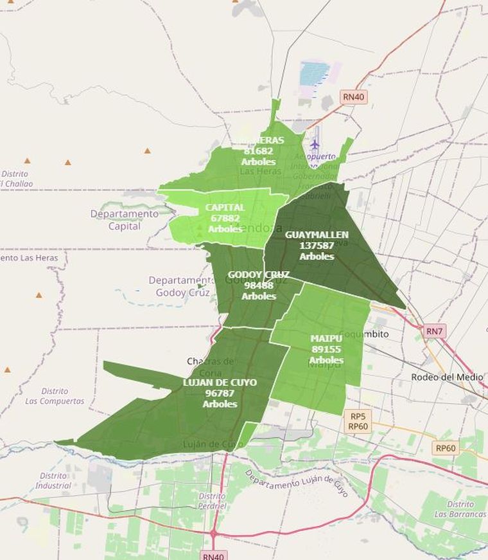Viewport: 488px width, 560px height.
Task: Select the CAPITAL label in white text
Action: pos(225,208)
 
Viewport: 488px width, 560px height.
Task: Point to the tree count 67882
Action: pos(225,218)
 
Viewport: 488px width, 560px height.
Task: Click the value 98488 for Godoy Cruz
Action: pos(259,285)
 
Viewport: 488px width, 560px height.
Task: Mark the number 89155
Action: pos(326,349)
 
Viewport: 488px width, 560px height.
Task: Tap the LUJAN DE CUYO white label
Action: pos(220,383)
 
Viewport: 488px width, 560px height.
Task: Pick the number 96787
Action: pos(220,393)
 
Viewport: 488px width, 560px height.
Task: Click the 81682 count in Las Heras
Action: pos(258,151)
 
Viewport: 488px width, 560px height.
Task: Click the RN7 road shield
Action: pos(435,332)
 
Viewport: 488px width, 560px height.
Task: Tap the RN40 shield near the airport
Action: pos(353,97)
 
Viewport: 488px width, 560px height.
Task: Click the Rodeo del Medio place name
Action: pos(444,376)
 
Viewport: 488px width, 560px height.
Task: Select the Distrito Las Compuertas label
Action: pos(55,396)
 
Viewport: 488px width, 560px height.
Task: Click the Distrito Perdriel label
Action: pos(212,501)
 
